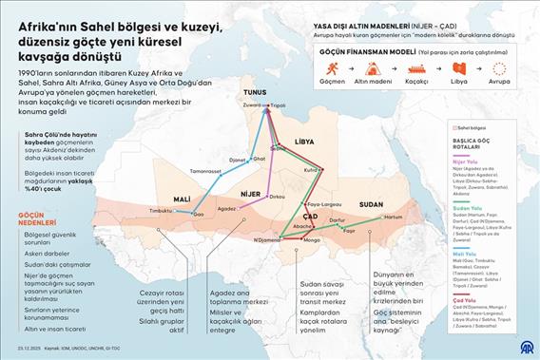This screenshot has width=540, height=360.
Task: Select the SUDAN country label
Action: click(x=372, y=203)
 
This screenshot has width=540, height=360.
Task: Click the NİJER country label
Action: click(x=251, y=193)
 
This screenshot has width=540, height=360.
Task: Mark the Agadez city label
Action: click(x=225, y=207)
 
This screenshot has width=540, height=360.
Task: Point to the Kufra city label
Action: click(x=310, y=170)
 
